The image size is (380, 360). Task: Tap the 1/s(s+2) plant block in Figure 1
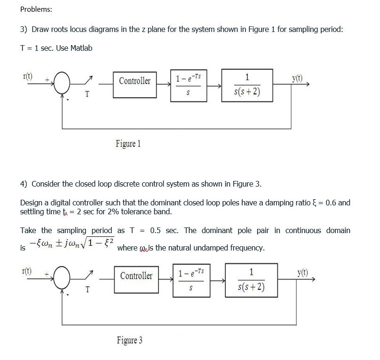tap(247, 86)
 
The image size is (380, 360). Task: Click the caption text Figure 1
tap(128, 144)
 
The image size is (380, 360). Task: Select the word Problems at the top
tap(37, 9)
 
